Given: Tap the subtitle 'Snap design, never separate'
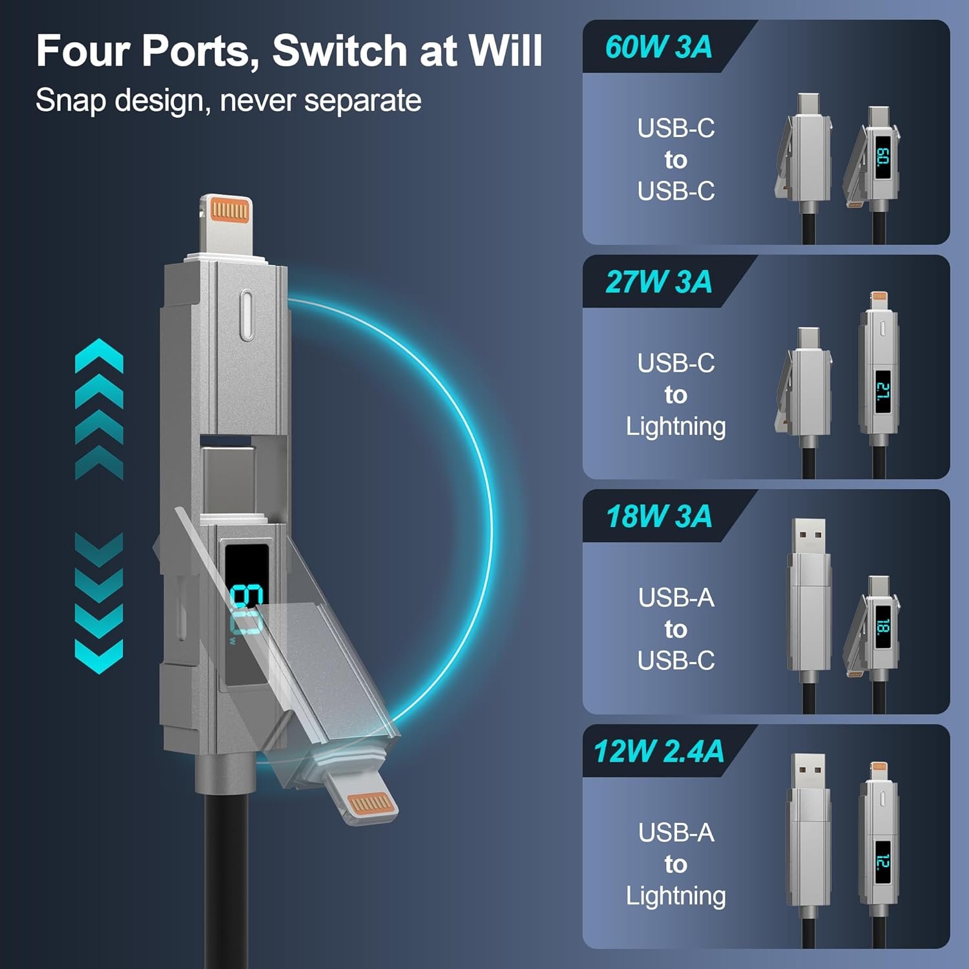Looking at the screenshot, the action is click(x=228, y=101).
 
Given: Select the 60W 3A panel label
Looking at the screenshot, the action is click(x=658, y=47).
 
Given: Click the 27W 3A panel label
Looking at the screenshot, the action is click(x=658, y=282).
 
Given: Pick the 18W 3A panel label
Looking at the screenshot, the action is click(x=658, y=516).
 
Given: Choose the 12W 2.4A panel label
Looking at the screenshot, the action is click(x=658, y=751).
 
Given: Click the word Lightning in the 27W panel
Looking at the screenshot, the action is click(x=676, y=427).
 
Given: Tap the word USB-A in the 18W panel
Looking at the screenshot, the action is click(x=676, y=598).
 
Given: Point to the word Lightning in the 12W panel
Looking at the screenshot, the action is click(x=676, y=897).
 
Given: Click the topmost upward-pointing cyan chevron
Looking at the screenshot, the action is click(x=99, y=356).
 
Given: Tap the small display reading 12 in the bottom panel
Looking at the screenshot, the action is click(x=882, y=862).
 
